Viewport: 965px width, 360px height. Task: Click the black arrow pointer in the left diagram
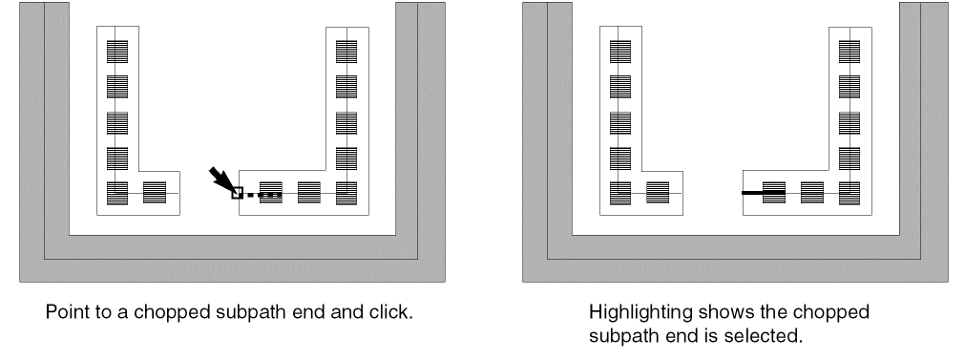221,179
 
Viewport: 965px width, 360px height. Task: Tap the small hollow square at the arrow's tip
238,193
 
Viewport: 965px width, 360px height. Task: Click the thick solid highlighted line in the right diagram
764,193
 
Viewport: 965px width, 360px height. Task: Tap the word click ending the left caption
391,312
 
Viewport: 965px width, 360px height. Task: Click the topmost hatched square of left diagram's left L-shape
117,52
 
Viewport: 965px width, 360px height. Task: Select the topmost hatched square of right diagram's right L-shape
850,52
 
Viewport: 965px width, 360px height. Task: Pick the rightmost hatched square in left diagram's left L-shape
155,193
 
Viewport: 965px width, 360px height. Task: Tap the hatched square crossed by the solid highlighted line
774,193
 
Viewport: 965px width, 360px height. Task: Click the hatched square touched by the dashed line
271,193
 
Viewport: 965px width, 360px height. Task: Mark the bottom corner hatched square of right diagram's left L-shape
620,193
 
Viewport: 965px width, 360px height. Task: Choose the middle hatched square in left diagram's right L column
346,123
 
